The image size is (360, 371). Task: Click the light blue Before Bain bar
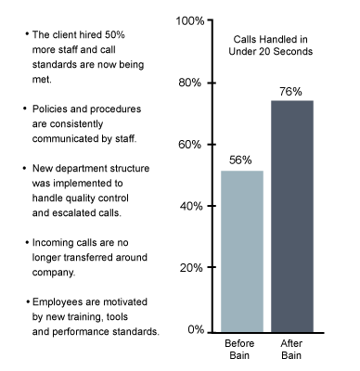coord(242,251)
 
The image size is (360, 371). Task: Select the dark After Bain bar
coord(292,216)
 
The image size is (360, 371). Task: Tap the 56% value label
coord(240,160)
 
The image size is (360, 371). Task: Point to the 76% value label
coord(290,92)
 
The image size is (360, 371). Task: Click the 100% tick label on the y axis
coord(190,21)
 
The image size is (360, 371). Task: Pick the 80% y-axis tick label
coord(190,83)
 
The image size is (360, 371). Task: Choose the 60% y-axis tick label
coord(190,145)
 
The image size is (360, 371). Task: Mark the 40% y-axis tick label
coord(192,206)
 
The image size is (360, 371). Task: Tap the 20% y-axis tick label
coord(192,267)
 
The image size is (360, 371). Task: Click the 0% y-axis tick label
coord(196,329)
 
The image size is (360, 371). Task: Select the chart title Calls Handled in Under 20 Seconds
coord(271,45)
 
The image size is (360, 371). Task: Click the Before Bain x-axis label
coord(239,350)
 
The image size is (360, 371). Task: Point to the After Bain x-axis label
coord(291,350)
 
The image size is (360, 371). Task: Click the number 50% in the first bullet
coord(114,34)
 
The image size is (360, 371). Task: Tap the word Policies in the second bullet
coord(50,109)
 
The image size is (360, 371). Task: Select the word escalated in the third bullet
coord(74,213)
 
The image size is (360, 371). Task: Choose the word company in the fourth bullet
coord(53,273)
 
